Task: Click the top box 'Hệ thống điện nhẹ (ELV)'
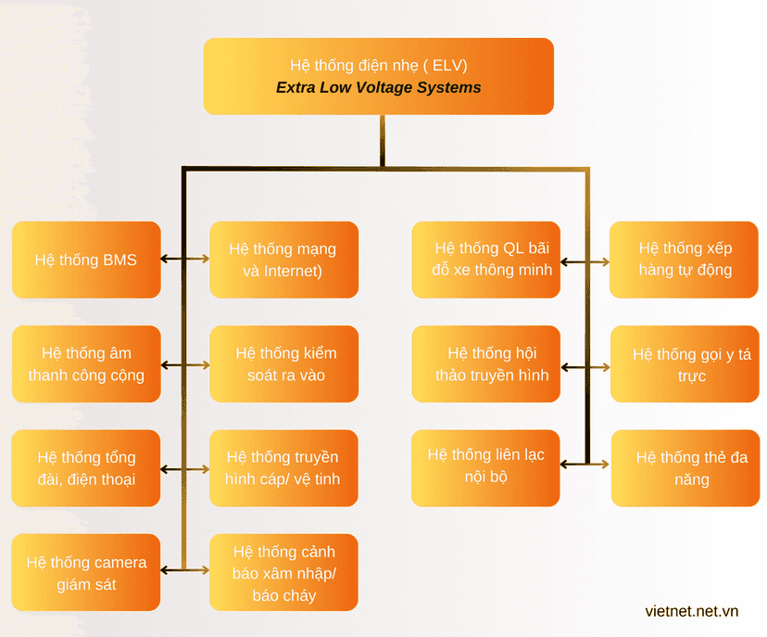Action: pos(379,76)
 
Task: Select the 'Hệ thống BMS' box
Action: pos(86,260)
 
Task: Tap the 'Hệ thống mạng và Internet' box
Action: pos(284,260)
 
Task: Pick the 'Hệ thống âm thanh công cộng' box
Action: pos(86,363)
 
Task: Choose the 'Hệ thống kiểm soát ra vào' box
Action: pos(284,363)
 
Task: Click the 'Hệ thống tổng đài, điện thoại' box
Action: pos(86,468)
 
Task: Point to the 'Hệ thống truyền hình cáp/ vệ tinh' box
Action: pos(283,468)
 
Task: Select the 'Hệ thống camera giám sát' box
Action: pos(86,572)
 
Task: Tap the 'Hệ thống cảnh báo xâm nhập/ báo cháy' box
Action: pos(283,572)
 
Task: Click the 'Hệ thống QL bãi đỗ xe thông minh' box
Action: pos(486,260)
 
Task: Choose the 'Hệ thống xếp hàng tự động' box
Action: pos(684,260)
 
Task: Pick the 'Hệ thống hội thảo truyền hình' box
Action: pos(486,363)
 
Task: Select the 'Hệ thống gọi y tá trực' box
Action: pos(685,363)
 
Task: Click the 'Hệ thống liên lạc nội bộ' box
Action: pos(485,468)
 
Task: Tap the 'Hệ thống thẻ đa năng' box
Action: pos(685,468)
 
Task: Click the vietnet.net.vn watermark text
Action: pos(692,611)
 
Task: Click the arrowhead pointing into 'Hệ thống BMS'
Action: pos(164,259)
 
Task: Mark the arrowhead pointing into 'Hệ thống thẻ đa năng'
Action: pos(605,464)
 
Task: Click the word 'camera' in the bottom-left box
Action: pos(119,563)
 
